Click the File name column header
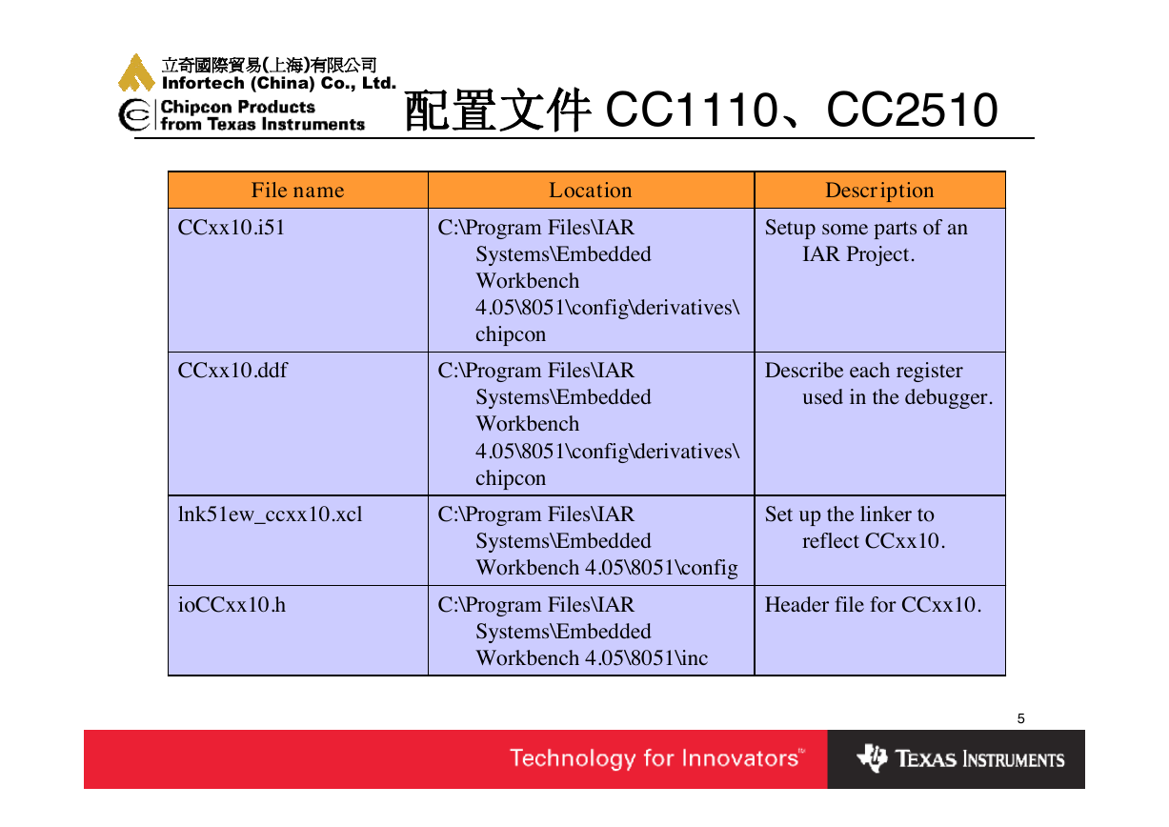pyautogui.click(x=297, y=191)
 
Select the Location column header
pyautogui.click(x=591, y=191)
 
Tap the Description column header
pyautogui.click(x=879, y=191)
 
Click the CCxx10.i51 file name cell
pyautogui.click(x=232, y=228)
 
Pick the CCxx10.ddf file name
pyautogui.click(x=232, y=371)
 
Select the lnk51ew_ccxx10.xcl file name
pyautogui.click(x=270, y=514)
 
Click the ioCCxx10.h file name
pyautogui.click(x=232, y=605)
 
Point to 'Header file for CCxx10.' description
pyautogui.click(x=873, y=605)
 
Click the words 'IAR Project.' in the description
pyautogui.click(x=858, y=254)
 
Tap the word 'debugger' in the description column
pyautogui.click(x=946, y=398)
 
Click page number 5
pyautogui.click(x=1020, y=718)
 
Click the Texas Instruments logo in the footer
pyautogui.click(x=960, y=758)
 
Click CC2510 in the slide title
pyautogui.click(x=912, y=110)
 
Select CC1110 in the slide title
pyautogui.click(x=691, y=110)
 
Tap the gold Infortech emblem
pyautogui.click(x=136, y=72)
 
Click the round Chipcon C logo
pyautogui.click(x=134, y=114)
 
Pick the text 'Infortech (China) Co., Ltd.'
pyautogui.click(x=279, y=83)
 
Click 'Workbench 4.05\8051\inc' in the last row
pyautogui.click(x=592, y=658)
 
